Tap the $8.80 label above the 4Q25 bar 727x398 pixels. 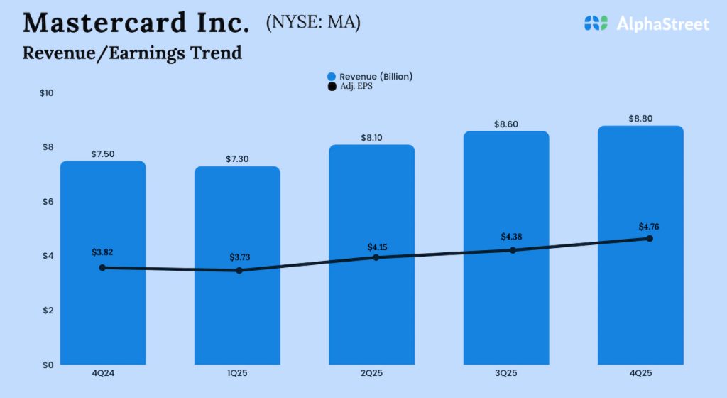pyautogui.click(x=640, y=118)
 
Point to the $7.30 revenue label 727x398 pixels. pyautogui.click(x=237, y=158)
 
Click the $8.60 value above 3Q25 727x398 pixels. pyautogui.click(x=506, y=124)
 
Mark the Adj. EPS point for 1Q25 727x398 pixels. pyautogui.click(x=239, y=271)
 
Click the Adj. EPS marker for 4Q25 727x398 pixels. pyautogui.click(x=649, y=239)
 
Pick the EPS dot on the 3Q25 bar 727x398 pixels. pyautogui.click(x=513, y=250)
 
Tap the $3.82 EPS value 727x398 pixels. pyautogui.click(x=103, y=252)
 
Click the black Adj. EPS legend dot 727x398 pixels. pyautogui.click(x=332, y=87)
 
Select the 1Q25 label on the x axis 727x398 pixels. pyautogui.click(x=237, y=375)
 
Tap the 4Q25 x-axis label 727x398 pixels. pyautogui.click(x=640, y=375)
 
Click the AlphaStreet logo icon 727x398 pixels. pyautogui.click(x=596, y=23)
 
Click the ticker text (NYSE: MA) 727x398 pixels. pyautogui.click(x=313, y=23)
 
